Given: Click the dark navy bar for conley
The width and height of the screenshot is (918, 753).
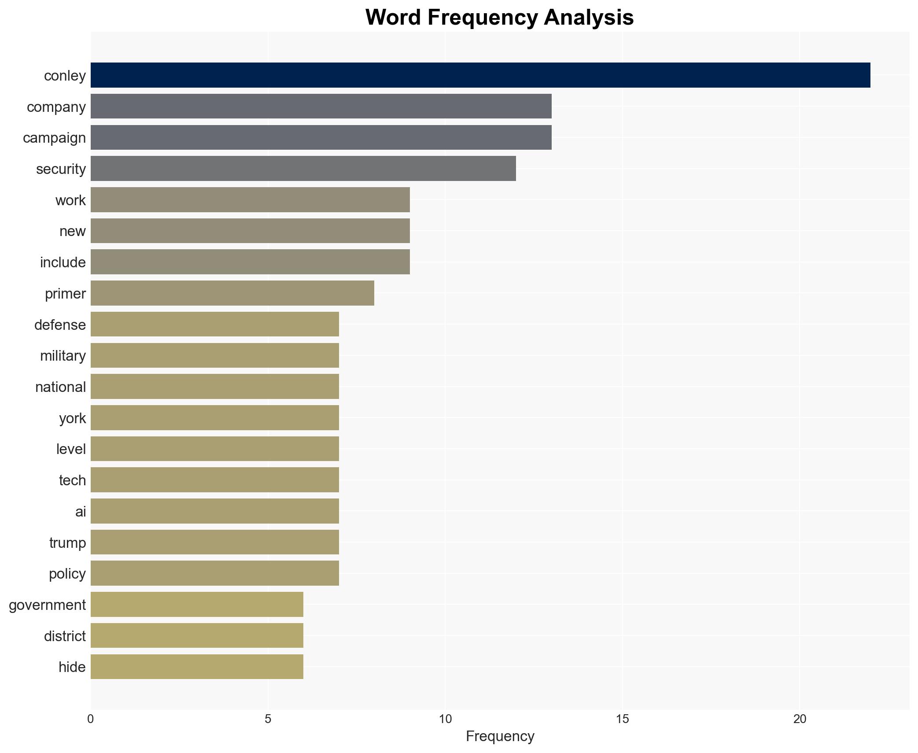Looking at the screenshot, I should (480, 75).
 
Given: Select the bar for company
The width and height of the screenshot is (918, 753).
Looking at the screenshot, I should (321, 106).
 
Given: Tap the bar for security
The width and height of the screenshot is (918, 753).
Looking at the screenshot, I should (303, 169).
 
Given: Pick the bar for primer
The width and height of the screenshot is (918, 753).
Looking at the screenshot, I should (232, 293).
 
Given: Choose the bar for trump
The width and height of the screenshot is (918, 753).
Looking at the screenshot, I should (214, 542).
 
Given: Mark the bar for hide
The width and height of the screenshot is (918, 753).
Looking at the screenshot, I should (197, 667).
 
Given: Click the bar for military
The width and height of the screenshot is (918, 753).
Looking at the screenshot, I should (214, 355).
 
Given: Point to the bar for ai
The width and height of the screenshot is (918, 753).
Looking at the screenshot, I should (214, 511).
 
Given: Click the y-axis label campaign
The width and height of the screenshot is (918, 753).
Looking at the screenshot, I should (54, 138).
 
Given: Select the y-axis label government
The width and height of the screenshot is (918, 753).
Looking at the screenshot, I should (47, 605).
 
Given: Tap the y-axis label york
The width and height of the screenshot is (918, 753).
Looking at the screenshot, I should (72, 418).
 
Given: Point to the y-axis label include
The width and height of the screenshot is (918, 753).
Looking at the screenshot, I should (63, 262).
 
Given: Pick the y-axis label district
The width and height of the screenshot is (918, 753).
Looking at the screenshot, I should (65, 636).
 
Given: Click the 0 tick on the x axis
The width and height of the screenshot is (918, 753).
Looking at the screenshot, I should (91, 719).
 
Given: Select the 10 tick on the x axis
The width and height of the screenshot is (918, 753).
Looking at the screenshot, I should (445, 719).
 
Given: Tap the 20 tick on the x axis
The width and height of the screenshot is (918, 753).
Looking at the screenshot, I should (800, 719).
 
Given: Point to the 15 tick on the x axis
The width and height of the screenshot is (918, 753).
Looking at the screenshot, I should (622, 719).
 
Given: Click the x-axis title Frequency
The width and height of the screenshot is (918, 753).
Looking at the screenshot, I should (500, 736).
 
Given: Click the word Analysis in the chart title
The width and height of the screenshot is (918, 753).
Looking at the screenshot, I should (589, 18).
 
